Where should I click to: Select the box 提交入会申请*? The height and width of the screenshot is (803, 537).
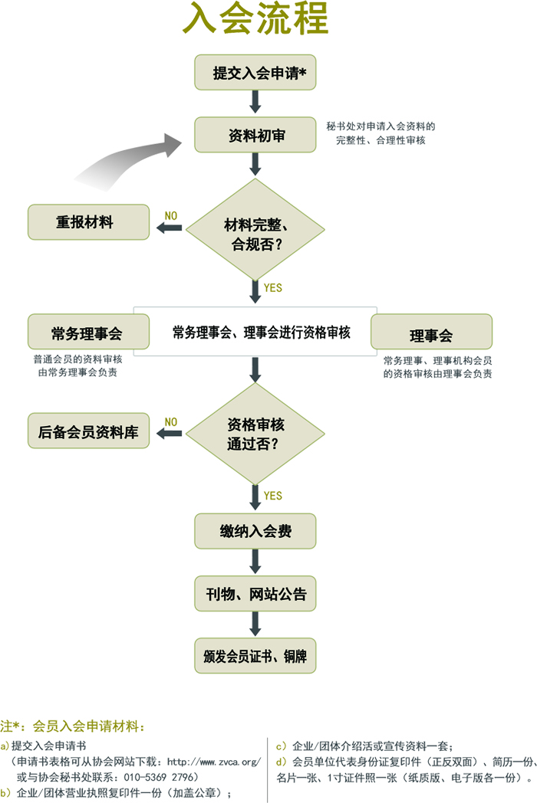click(255, 74)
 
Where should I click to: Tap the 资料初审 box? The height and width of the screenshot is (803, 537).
click(255, 136)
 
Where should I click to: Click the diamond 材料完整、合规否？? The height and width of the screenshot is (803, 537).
click(255, 230)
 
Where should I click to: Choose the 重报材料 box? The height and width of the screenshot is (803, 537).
click(88, 222)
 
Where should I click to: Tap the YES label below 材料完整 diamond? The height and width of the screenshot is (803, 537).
click(272, 289)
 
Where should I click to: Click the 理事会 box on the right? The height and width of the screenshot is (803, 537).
click(430, 336)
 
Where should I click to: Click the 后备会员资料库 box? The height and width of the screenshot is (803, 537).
click(88, 431)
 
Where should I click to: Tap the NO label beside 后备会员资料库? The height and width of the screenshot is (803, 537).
click(170, 422)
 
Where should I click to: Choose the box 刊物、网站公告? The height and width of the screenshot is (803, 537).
click(255, 594)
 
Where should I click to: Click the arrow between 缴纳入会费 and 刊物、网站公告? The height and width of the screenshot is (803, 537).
click(255, 562)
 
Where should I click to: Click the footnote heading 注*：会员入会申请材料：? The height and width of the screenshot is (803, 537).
click(73, 726)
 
